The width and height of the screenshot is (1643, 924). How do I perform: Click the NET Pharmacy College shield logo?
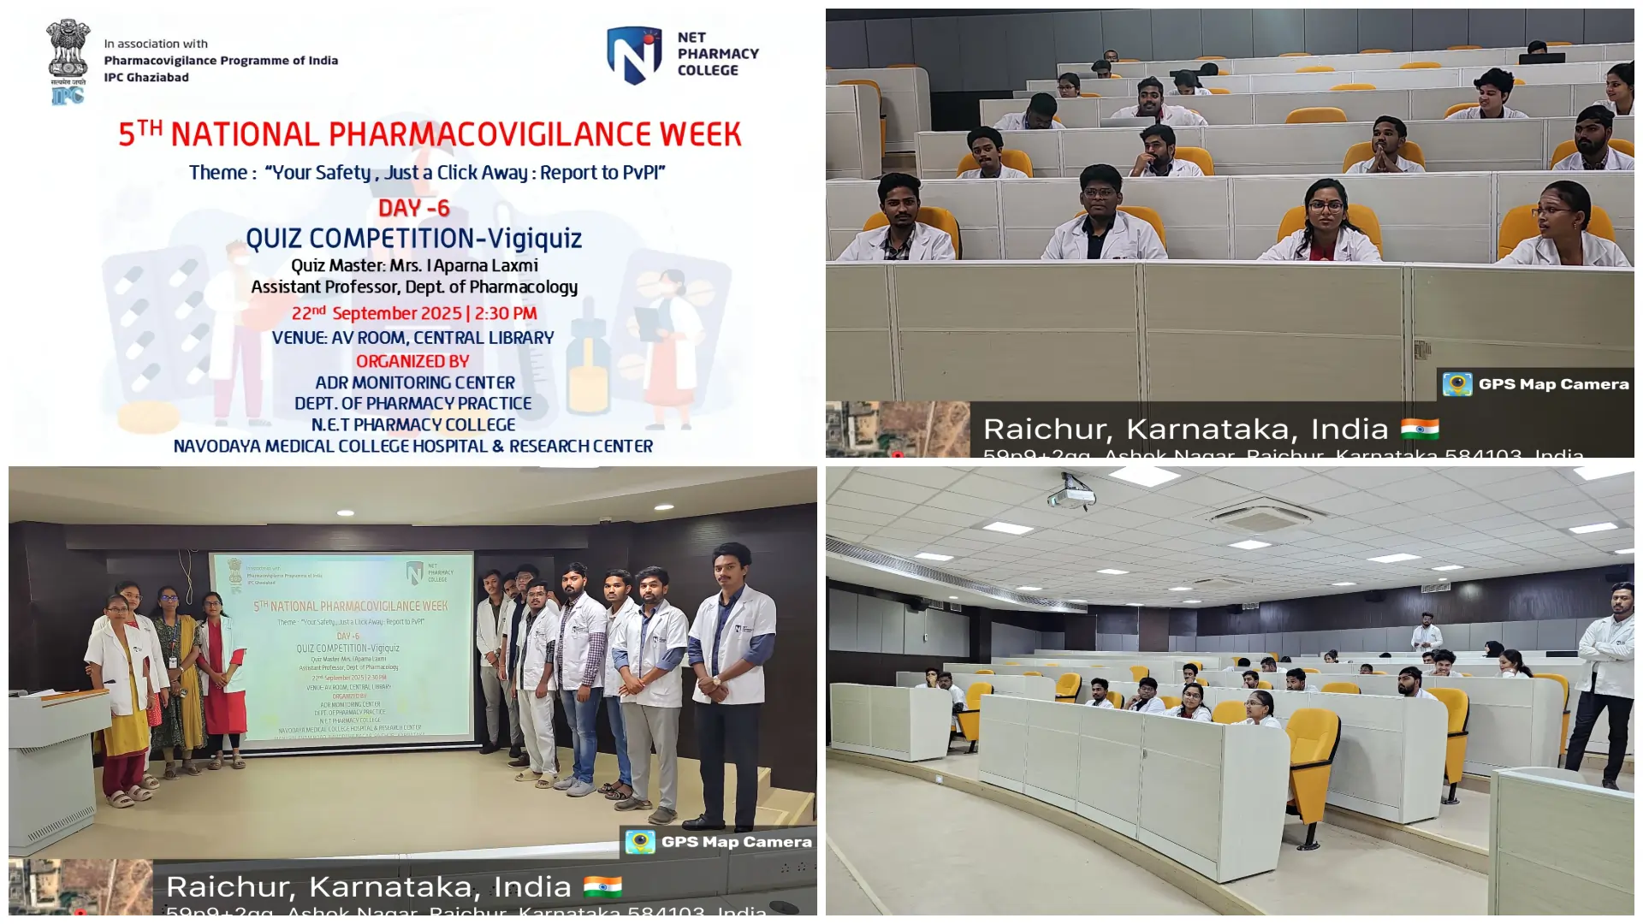click(x=634, y=55)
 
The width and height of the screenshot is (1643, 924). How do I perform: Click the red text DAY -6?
click(x=414, y=208)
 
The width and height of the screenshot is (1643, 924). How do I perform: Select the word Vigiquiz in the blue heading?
click(x=535, y=239)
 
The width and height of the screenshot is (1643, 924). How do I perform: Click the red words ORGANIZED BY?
click(x=412, y=362)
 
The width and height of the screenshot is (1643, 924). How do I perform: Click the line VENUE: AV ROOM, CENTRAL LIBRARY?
click(x=412, y=338)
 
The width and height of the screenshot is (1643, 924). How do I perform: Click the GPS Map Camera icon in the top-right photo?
click(x=1457, y=384)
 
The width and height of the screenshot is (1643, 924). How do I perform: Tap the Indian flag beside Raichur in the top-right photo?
click(x=1420, y=428)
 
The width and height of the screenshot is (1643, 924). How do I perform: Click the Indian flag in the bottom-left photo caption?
click(x=602, y=886)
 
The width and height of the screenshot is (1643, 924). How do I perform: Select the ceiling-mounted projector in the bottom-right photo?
click(x=1071, y=496)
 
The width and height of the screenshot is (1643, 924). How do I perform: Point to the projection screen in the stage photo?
click(x=342, y=646)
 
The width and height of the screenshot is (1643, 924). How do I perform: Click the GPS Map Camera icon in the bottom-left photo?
click(x=640, y=842)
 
